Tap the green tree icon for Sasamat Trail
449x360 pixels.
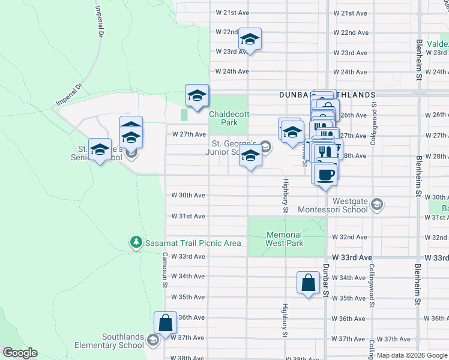[137, 242]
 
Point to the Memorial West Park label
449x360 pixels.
[285, 239]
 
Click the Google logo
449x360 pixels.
[20, 353]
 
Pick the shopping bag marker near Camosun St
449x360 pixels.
[165, 322]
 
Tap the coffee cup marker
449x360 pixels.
[325, 175]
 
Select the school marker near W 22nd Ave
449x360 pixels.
[250, 40]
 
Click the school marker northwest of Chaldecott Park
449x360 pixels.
[197, 95]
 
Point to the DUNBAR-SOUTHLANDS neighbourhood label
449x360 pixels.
[327, 95]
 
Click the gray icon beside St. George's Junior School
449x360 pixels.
[265, 148]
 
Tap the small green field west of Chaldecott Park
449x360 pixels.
[184, 114]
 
